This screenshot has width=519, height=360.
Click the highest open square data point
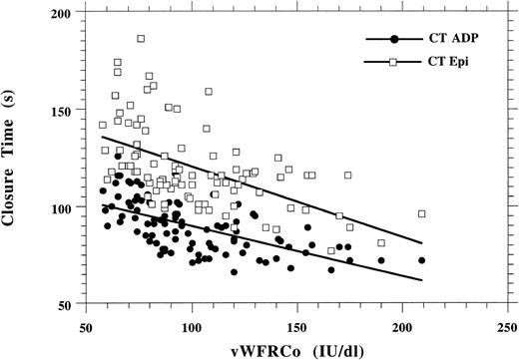pos(141,39)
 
